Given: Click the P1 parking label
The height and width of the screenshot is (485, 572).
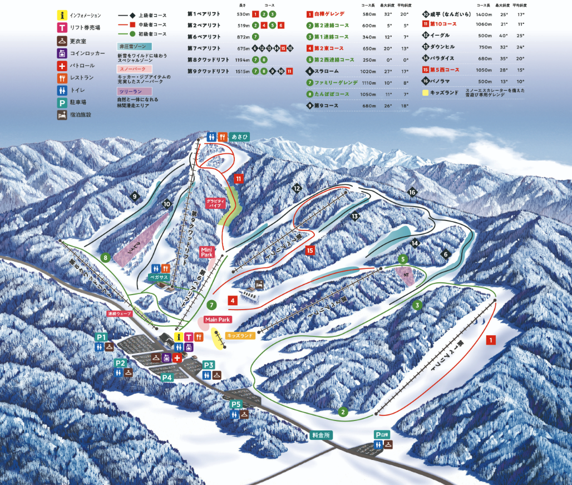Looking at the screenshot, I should coord(101,337).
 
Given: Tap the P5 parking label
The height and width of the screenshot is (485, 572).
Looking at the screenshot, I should coord(236,404).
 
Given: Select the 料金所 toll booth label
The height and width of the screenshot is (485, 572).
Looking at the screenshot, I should coord(320,435).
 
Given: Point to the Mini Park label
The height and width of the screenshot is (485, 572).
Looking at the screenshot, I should coord(207,252).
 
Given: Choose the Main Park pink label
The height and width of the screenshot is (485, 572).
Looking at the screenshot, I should coord(217,320).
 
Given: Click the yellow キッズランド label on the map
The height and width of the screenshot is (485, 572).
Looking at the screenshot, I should coord(240,336).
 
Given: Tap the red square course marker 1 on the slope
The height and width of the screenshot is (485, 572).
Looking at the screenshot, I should coord(490,339).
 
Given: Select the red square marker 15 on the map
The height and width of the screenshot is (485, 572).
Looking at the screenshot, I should coord(309,251).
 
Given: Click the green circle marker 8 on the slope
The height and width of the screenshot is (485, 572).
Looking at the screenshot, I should coord(105,257).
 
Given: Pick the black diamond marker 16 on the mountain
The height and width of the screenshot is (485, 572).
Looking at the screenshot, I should coord(412,192).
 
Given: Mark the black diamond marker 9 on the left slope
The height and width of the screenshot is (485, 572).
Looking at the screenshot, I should coord(134,196).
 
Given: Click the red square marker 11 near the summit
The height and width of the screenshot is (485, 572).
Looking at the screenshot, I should coord(238,179).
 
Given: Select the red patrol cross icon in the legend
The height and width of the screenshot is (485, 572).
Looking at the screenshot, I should coord(62,66).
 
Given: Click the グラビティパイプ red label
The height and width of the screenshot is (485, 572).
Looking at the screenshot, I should coord(214,203).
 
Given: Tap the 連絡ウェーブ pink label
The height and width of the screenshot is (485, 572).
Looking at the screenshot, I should coord(120,314).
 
